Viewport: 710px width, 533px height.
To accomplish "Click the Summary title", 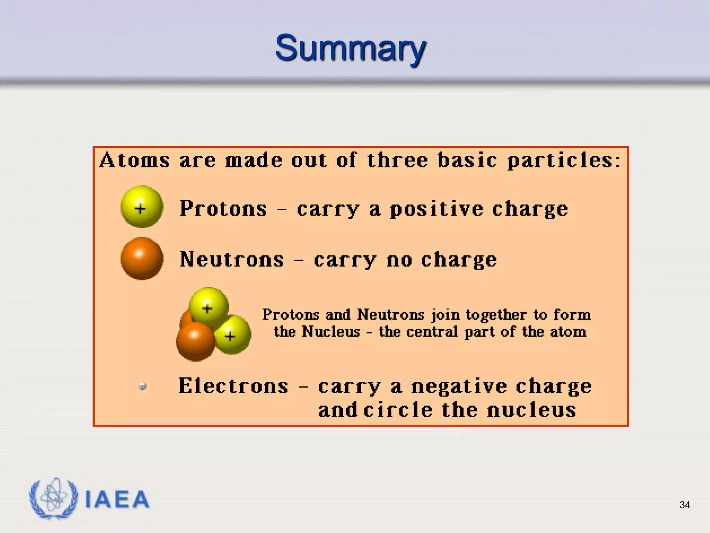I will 350,49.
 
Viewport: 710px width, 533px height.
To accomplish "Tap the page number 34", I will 684,505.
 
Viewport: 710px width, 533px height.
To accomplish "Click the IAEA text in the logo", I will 117,500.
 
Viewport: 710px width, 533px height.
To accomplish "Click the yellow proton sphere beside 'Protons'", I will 142,207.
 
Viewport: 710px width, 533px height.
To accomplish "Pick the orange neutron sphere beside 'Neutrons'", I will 142,259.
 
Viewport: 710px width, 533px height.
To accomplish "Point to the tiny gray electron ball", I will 142,386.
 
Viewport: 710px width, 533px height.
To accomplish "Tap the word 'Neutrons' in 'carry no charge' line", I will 232,260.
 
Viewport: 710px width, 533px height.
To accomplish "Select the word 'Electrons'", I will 233,386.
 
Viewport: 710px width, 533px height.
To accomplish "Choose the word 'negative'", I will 459,387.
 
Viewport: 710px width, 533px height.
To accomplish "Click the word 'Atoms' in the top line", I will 135,160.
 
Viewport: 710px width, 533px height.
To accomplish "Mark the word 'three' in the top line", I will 398,160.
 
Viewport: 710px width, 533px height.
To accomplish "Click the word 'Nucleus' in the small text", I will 331,331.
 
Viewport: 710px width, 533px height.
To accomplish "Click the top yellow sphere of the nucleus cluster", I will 209,305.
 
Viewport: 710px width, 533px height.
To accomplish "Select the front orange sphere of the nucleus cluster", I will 195,341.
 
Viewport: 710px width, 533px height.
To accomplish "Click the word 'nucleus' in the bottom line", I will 531,410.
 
